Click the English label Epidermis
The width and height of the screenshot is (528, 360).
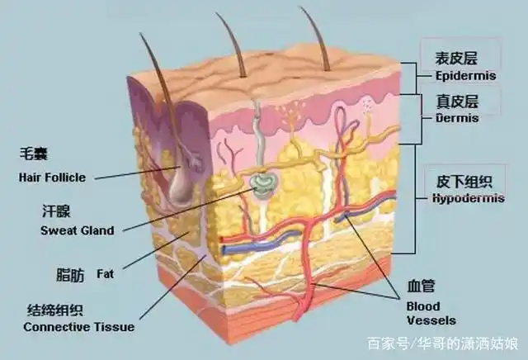click(x=465, y=76)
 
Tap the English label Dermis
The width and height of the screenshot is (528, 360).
click(x=457, y=118)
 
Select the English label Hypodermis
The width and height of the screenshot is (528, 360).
click(x=469, y=198)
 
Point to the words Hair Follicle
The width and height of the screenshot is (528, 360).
click(x=52, y=178)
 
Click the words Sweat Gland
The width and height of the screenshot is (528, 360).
click(x=78, y=230)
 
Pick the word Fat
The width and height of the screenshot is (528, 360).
click(x=106, y=273)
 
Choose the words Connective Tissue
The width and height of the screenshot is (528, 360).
click(x=79, y=327)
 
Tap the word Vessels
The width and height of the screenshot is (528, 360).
click(x=431, y=320)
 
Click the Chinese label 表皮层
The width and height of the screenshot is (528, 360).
click(x=456, y=58)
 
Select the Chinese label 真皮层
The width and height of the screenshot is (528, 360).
click(x=457, y=102)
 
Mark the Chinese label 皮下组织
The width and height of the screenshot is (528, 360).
click(x=464, y=182)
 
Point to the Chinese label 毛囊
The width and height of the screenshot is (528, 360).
click(x=34, y=154)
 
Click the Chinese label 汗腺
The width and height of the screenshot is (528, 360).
click(x=56, y=211)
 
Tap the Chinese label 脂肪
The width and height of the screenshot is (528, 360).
click(x=70, y=275)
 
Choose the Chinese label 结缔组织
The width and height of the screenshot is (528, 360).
click(x=55, y=310)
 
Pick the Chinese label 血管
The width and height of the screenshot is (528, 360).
click(x=421, y=286)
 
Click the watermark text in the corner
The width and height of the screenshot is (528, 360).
click(x=443, y=343)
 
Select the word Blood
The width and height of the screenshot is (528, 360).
click(x=423, y=306)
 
